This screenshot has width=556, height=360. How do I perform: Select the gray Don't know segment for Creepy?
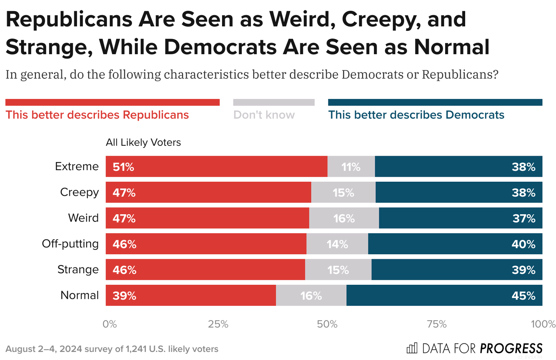pos(343,192)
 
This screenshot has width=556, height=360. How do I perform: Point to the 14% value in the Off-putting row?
pos(337,244)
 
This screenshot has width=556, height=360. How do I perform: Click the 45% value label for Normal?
pos(523,296)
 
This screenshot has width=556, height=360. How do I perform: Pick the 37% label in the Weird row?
pos(524,218)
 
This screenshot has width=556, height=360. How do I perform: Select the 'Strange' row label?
pos(78,270)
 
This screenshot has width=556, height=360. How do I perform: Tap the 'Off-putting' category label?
pos(70,244)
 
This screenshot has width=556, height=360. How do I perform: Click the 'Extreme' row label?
pos(77,166)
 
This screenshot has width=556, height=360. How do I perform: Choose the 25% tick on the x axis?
pos(218,324)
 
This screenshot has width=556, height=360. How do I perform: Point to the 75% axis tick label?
pos(437,324)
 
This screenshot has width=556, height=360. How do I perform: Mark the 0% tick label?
pos(110,324)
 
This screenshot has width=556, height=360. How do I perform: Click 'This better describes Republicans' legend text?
pos(97,115)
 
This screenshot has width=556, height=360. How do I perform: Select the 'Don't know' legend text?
pos(264,115)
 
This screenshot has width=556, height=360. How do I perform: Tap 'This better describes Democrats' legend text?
pos(416,115)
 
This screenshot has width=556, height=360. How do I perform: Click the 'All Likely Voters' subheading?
pos(143,143)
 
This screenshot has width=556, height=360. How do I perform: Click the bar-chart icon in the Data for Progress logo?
pos(412,348)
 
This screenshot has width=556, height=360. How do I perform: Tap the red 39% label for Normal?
pos(124,296)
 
